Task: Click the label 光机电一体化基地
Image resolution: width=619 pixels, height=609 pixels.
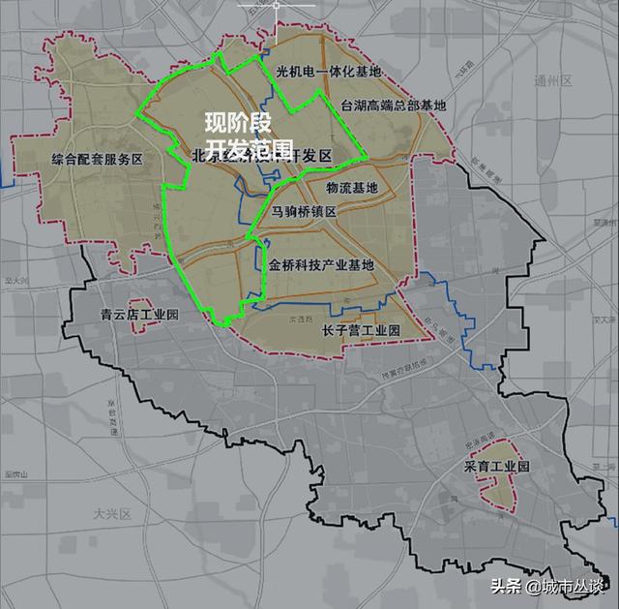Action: (329, 72)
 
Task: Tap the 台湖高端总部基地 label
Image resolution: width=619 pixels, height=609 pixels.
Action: (395, 105)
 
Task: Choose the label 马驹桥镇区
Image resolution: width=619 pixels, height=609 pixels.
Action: (304, 211)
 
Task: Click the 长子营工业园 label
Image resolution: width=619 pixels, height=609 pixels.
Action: (361, 330)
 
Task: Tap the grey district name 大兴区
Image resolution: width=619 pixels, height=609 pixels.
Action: (111, 513)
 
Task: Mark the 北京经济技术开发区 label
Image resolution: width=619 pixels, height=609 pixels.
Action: (261, 156)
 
